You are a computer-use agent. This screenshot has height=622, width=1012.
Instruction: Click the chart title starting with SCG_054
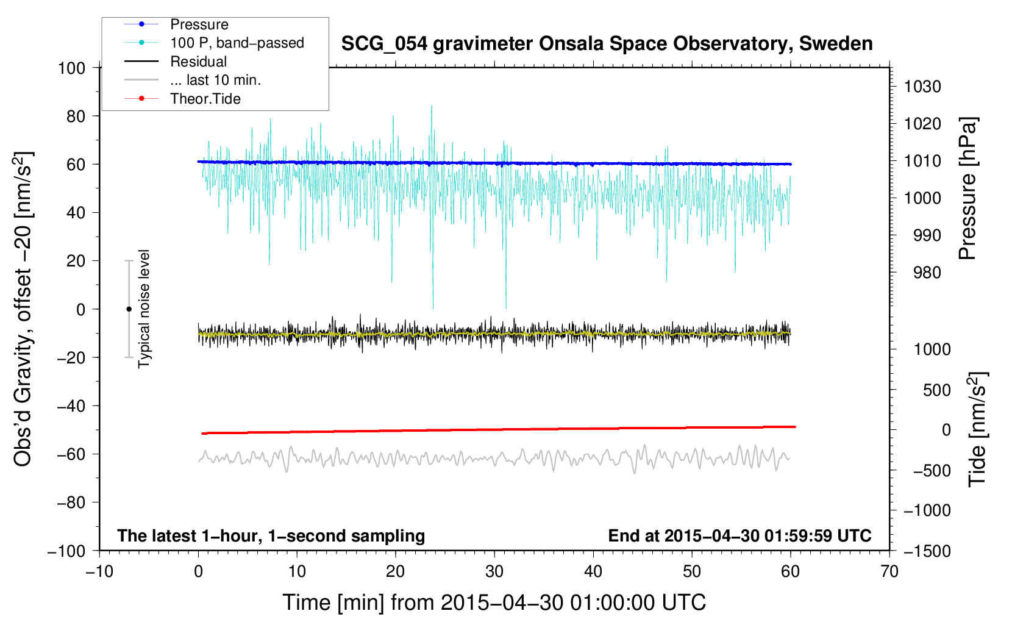[x=607, y=44]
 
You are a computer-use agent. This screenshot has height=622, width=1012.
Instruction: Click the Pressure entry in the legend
[x=199, y=24]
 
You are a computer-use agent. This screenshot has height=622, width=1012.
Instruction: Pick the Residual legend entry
[x=198, y=62]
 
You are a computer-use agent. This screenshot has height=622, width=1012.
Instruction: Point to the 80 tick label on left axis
[x=76, y=116]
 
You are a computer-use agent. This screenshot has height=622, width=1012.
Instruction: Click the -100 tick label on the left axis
[x=66, y=551]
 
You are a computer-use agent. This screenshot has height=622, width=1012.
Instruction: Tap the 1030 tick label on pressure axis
[x=922, y=87]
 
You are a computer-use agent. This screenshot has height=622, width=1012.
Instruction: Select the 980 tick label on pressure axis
[x=927, y=273]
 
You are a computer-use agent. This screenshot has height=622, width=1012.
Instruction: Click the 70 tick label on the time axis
[x=889, y=572]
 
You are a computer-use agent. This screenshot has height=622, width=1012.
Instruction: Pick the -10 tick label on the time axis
[x=99, y=572]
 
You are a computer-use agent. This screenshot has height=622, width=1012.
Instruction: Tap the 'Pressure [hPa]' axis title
[x=967, y=188]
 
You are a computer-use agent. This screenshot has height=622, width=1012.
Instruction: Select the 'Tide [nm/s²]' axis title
[x=978, y=429]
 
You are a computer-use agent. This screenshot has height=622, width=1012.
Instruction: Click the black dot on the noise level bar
[x=129, y=309]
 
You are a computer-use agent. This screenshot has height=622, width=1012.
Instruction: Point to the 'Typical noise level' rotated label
[x=144, y=309]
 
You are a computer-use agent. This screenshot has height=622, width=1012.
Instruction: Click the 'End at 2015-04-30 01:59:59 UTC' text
[x=739, y=536]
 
